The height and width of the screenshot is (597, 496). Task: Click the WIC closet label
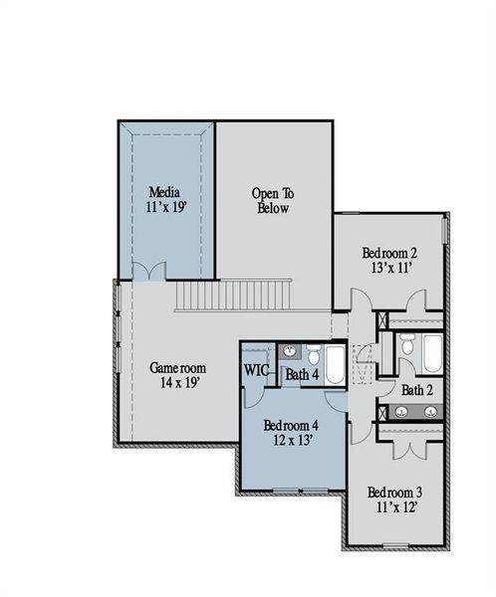(x=257, y=370)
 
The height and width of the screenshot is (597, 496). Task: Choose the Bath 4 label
(x=302, y=375)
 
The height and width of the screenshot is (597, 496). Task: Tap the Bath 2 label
(x=416, y=390)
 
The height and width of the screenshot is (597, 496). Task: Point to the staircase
(x=233, y=296)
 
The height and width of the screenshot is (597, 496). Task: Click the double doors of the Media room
(x=149, y=271)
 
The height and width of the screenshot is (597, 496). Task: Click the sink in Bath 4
(x=289, y=351)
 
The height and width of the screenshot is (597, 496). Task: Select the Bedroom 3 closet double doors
(x=408, y=447)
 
